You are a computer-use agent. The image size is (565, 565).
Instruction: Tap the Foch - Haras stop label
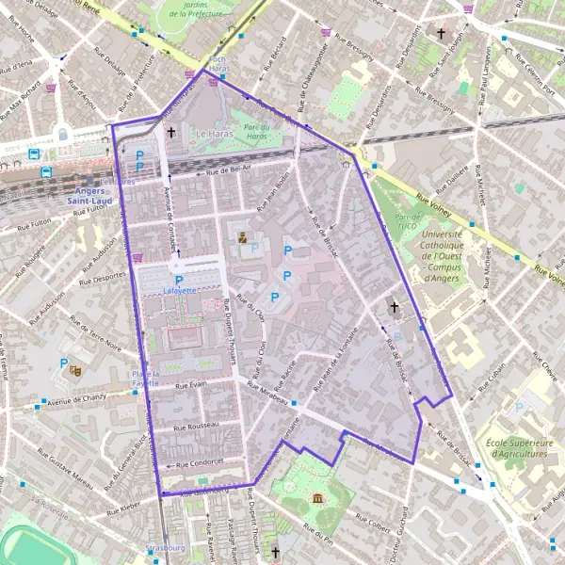point(218,64)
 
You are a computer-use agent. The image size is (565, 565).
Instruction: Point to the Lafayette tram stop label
point(179,291)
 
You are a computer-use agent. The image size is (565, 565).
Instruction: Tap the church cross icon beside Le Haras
point(170,133)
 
